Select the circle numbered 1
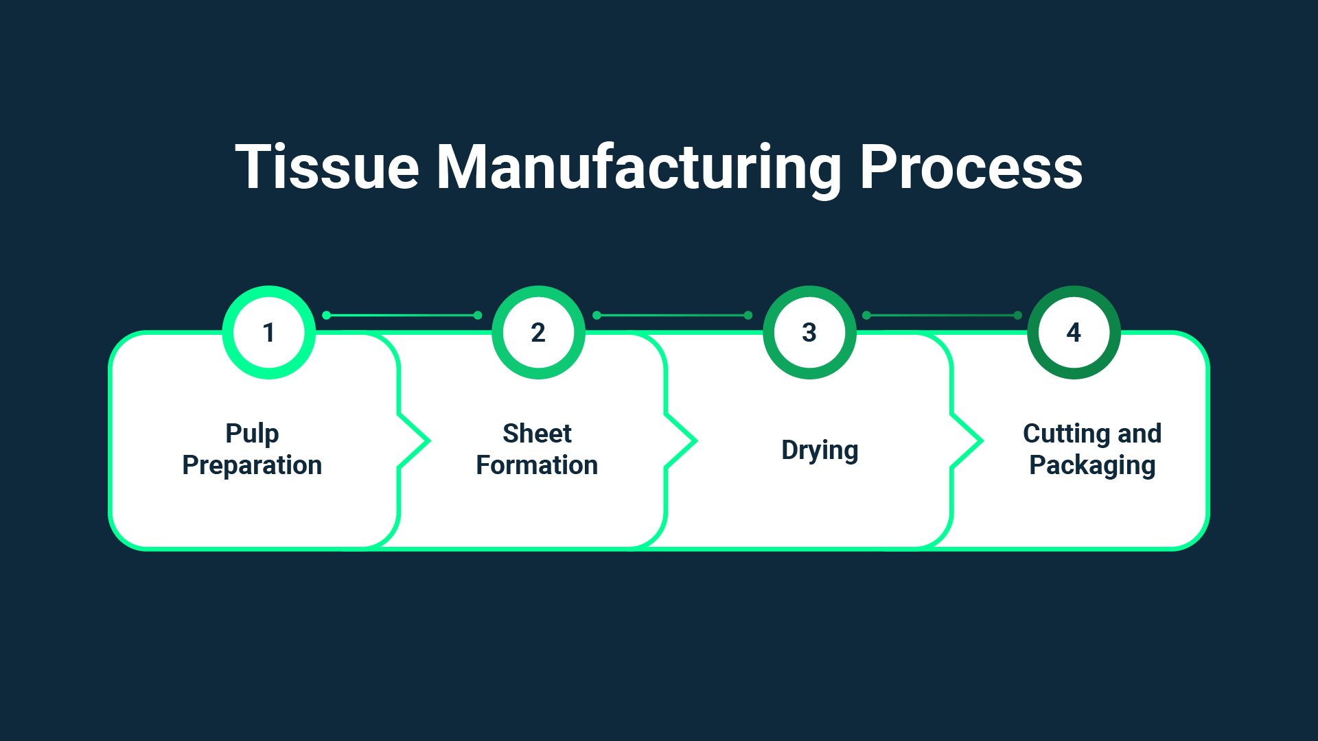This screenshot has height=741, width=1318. pyautogui.click(x=268, y=333)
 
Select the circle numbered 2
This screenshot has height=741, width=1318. pyautogui.click(x=538, y=333)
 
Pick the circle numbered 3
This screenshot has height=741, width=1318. pyautogui.click(x=809, y=333)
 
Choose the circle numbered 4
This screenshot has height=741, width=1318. pyautogui.click(x=1074, y=333)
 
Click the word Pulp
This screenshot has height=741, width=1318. pyautogui.click(x=252, y=434)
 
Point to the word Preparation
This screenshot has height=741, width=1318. pyautogui.click(x=252, y=465)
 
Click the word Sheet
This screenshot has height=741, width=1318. pyautogui.click(x=537, y=434)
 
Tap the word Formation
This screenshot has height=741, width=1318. pyautogui.click(x=537, y=465)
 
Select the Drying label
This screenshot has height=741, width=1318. pyautogui.click(x=820, y=450)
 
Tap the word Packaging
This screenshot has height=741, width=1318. pyautogui.click(x=1092, y=465)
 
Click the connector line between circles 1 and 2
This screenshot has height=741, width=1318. pyautogui.click(x=402, y=316)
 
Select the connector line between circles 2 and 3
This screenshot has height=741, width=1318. pyautogui.click(x=672, y=316)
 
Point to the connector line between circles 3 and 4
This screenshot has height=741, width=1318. pyautogui.click(x=942, y=316)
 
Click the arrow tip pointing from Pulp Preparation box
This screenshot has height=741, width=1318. pyautogui.click(x=427, y=441)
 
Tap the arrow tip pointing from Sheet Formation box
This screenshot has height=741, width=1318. pyautogui.click(x=694, y=441)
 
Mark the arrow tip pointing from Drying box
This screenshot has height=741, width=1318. pyautogui.click(x=980, y=441)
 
